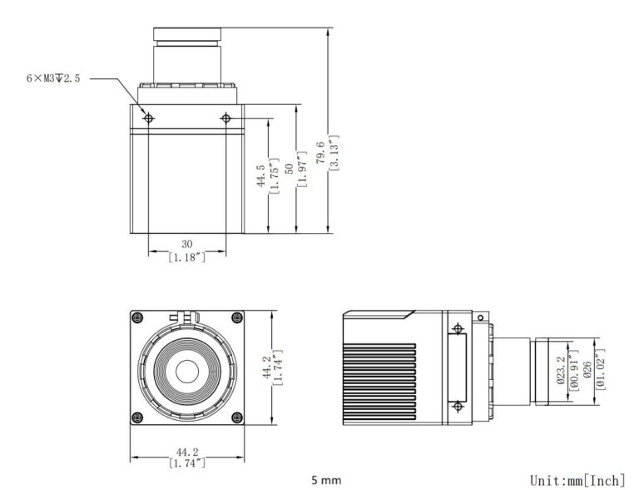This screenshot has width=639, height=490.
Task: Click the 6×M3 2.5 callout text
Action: [53, 78]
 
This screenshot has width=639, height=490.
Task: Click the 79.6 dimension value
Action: [320, 152]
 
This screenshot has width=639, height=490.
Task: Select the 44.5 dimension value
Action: [260, 176]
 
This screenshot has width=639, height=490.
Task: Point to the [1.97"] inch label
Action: [301, 169]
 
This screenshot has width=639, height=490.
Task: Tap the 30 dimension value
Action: [186, 244]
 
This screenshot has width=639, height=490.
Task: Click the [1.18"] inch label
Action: [187, 257]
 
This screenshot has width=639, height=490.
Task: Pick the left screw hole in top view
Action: [149, 118]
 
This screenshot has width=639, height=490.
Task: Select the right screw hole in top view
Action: [225, 118]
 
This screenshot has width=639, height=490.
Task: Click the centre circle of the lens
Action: [187, 372]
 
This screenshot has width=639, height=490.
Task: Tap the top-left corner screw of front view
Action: [138, 317]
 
